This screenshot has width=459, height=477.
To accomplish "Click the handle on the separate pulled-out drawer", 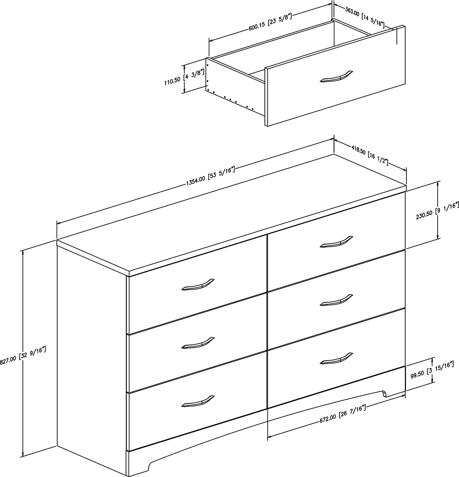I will click(336, 77).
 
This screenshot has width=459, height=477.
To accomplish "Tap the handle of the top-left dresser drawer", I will click(198, 284).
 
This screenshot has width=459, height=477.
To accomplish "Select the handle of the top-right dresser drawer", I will click(336, 241).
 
